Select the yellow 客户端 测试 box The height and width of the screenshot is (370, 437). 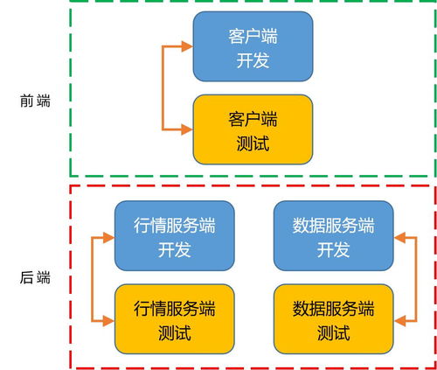point(253,129)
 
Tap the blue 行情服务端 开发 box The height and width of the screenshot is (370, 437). point(174,237)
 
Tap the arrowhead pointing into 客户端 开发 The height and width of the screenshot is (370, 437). point(187,47)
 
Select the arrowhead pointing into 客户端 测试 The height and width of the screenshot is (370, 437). point(187,130)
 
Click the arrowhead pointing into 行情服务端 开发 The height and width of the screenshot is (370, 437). point(108,237)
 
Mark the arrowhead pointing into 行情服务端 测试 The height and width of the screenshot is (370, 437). point(108,321)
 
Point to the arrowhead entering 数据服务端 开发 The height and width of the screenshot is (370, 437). point(399,237)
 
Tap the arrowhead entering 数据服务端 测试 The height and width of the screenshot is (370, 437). point(399,321)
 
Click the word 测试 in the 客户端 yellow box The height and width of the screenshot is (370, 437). point(253,143)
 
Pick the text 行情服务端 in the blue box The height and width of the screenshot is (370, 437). point(174,225)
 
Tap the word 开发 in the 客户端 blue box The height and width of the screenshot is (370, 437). point(253,61)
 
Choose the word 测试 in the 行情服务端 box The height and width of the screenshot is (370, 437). point(174,333)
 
